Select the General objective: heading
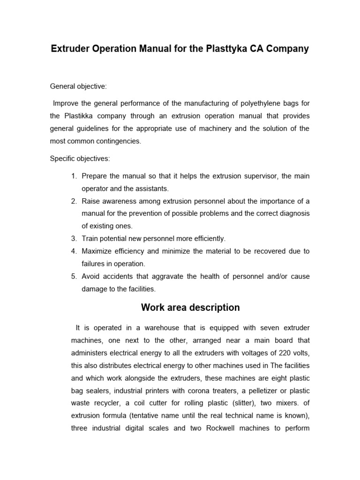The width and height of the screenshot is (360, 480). click(x=78, y=87)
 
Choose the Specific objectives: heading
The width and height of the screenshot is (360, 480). click(x=80, y=158)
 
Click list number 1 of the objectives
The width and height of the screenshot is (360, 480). click(x=74, y=176)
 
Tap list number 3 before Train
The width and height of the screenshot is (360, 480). click(x=74, y=239)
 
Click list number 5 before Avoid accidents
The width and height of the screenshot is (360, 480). click(x=74, y=277)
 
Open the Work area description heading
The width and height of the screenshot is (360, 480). click(x=190, y=308)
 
